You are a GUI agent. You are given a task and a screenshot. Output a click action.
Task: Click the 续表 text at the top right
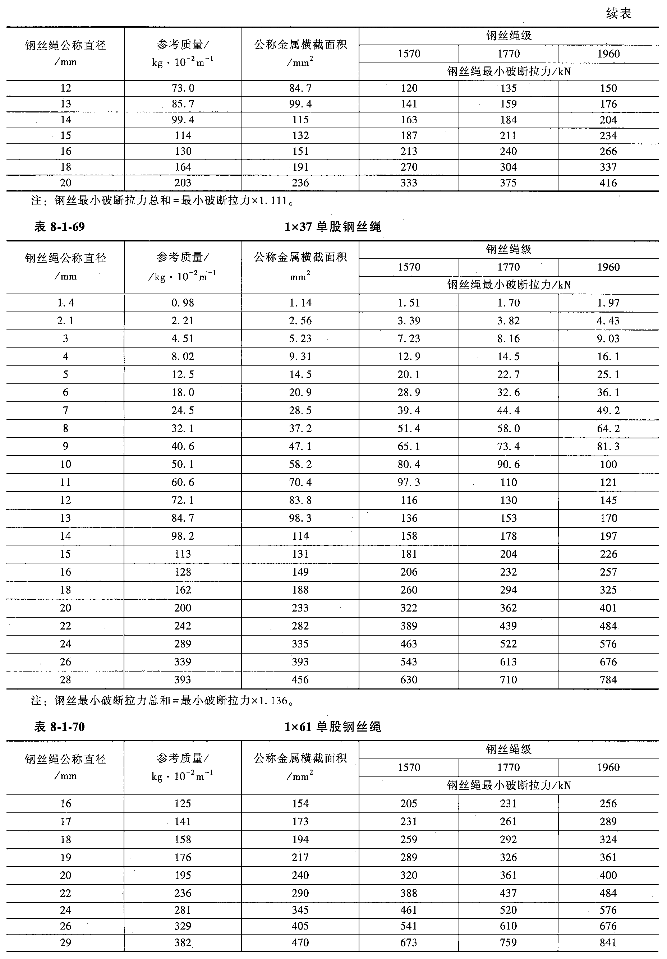point(618,14)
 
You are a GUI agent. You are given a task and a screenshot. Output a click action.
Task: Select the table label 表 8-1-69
point(59,227)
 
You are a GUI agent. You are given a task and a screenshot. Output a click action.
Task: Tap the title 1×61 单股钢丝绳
point(332,727)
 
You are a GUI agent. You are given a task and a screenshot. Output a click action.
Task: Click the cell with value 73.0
point(183,88)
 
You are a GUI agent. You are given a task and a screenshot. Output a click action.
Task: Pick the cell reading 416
point(608,183)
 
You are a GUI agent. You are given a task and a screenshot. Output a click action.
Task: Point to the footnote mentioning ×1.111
point(162,201)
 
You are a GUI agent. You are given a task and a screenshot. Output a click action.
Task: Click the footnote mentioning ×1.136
point(162,700)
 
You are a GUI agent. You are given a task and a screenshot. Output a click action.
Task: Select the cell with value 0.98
point(183,303)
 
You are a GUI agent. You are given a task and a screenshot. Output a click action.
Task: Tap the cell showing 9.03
point(608,339)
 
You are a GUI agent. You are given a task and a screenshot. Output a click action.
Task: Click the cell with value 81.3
point(608,447)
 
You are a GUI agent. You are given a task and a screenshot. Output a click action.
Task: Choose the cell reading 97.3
point(409,483)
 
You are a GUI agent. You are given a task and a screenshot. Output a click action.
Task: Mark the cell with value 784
point(608,679)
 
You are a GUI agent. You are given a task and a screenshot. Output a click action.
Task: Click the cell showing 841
point(608,942)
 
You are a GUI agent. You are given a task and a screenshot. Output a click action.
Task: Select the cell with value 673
point(409,942)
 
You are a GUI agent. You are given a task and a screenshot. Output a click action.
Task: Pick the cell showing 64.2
point(608,429)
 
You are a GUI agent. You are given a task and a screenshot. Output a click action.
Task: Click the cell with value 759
point(508,942)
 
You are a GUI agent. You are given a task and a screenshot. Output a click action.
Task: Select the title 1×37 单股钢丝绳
point(332,227)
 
